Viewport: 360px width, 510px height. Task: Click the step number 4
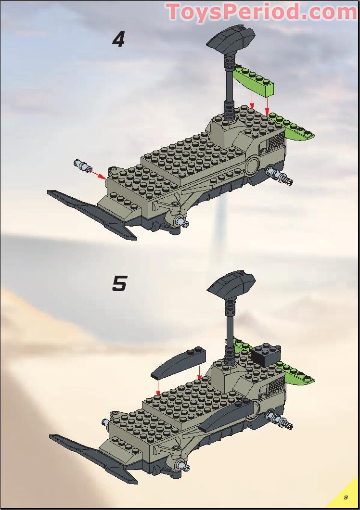118,39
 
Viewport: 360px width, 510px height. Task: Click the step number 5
119,284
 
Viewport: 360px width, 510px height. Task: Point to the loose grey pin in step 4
83,166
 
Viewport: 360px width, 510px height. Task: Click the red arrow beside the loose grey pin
99,174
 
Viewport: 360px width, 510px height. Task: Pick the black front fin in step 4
91,212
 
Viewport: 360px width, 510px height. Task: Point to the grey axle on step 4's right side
282,177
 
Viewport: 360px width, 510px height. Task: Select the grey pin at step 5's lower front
182,465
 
